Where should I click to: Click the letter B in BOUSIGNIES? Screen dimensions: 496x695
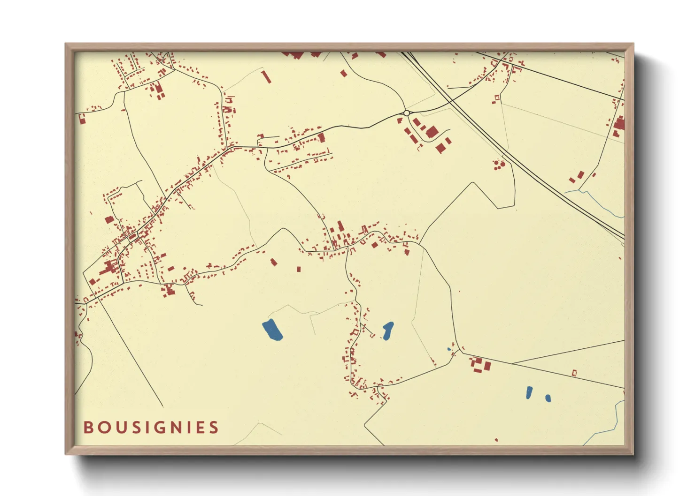pos(88,428)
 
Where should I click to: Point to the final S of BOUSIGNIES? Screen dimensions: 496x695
pos(214,428)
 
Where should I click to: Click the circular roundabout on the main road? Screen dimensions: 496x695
pos(406,113)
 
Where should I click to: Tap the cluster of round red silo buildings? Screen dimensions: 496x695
pos(499,165)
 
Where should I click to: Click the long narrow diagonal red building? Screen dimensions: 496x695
pos(266,77)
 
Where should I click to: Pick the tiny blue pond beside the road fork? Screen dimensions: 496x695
pos(449,349)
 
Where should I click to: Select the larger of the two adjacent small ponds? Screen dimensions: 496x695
pos(529,392)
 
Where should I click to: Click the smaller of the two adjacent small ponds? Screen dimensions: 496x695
pos(548,398)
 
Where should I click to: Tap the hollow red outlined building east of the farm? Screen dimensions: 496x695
pos(574,373)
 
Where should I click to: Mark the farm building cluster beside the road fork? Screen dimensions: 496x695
pos(480,364)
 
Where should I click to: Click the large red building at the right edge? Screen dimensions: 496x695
pos(619,124)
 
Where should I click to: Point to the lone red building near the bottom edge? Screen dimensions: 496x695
pos(496,440)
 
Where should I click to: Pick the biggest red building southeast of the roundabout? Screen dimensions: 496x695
pos(432,132)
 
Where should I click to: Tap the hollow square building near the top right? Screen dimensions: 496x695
pos(496,98)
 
